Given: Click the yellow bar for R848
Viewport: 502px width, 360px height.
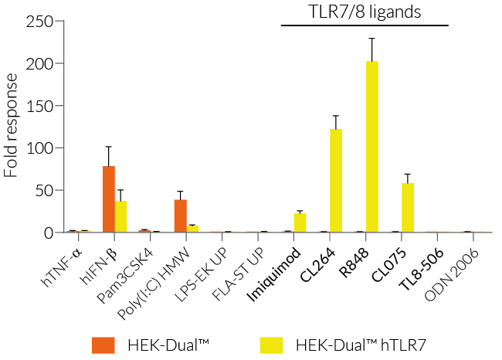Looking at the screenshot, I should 371,147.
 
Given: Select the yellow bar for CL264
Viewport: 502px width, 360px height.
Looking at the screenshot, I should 336,181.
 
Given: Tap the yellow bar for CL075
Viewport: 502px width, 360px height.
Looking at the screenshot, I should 407,208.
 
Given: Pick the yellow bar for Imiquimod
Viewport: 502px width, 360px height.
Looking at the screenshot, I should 300,222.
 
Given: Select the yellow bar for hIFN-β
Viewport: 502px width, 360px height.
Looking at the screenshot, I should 120,216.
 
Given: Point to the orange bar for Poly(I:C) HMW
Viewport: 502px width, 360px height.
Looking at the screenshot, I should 180,216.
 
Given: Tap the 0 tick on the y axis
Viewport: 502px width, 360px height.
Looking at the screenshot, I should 58,233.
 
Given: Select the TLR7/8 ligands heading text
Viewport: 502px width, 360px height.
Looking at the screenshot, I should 365,11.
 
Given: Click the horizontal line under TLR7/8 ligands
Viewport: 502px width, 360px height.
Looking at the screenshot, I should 365,25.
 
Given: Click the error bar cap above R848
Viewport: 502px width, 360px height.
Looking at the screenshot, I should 371,38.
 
